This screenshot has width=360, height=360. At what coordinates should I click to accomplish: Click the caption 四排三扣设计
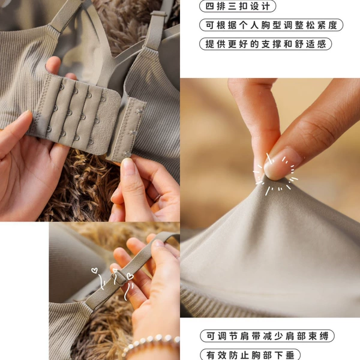click(x=238, y=6)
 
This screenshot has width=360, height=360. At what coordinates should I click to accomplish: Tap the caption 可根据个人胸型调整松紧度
click(x=271, y=25)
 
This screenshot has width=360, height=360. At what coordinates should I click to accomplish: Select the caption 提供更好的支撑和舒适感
click(x=266, y=44)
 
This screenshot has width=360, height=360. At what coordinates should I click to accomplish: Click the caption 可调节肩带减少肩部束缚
click(x=267, y=337)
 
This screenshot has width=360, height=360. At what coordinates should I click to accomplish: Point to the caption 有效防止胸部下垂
click(x=250, y=355)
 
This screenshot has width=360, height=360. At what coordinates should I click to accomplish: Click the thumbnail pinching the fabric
click(x=281, y=163)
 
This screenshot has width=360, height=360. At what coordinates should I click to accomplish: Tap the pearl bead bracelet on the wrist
click(x=151, y=344)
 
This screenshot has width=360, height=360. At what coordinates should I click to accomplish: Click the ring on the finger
click(x=157, y=197)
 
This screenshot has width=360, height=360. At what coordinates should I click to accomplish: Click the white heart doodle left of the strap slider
click(x=94, y=271)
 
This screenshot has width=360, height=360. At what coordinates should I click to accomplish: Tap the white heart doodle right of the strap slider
click(x=130, y=276)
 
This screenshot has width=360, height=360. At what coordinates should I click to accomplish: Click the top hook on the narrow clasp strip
click(x=140, y=112)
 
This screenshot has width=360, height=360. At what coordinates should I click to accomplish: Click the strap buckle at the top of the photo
click(x=159, y=14)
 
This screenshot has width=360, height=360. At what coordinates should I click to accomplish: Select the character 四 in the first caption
click(x=209, y=6)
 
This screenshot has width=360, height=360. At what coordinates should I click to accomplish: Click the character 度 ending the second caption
click(x=332, y=25)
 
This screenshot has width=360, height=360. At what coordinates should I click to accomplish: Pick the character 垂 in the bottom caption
click(x=290, y=355)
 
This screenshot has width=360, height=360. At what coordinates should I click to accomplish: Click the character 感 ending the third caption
click(x=322, y=44)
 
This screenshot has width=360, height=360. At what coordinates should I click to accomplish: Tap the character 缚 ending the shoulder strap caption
click(x=324, y=337)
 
